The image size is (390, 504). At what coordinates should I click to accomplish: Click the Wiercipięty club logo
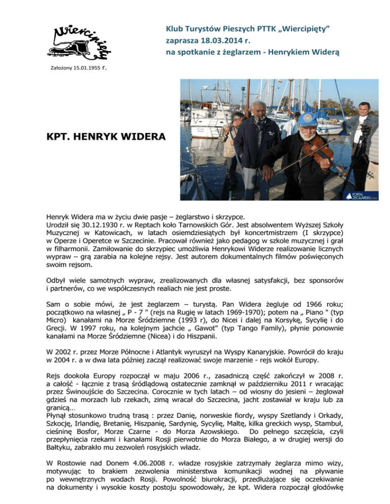click(x=82, y=40)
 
